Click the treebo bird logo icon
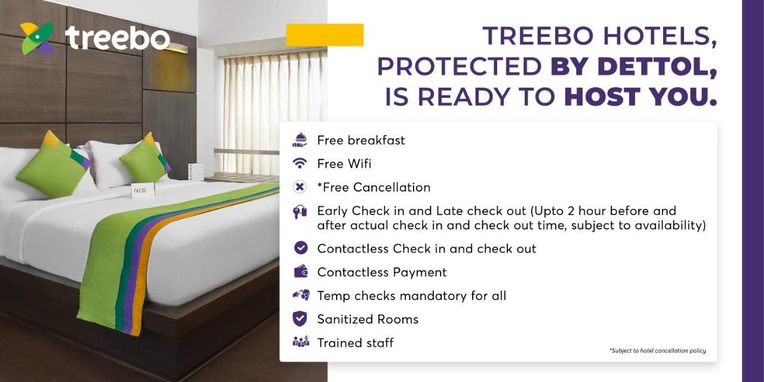38,38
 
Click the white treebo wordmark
118,38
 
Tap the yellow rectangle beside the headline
325,35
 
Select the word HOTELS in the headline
660,36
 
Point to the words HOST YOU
640,96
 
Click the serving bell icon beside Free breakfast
300,140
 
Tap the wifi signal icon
300,164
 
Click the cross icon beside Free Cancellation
300,187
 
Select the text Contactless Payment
381,272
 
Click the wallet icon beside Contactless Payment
300,272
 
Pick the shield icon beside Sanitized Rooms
300,319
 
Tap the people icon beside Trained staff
301,341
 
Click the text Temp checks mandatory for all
411,295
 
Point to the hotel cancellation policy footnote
658,350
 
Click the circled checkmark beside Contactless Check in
300,248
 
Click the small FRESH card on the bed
143,190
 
